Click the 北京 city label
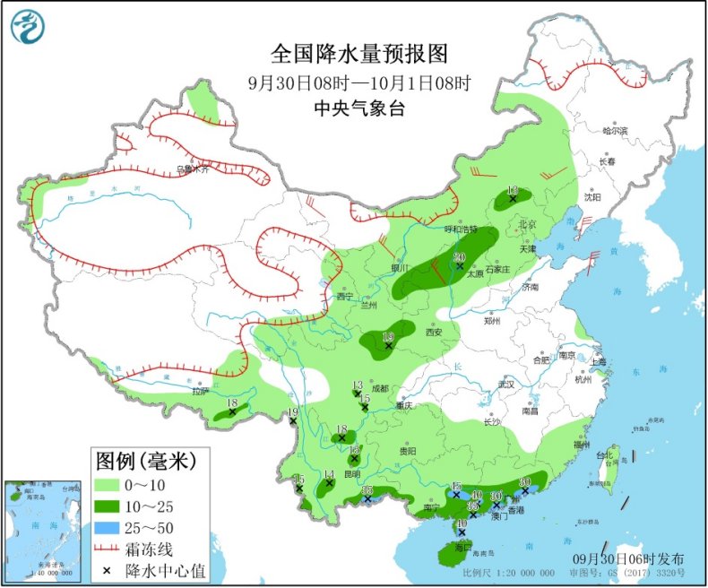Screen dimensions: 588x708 click(x=527, y=224)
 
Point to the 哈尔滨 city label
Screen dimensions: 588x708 click(x=615, y=131)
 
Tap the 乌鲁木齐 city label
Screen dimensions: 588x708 click(x=191, y=169)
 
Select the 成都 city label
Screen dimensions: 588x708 click(x=380, y=388)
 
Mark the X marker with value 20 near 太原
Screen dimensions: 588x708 click(x=460, y=266)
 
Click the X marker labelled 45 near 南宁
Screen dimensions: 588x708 click(x=455, y=494)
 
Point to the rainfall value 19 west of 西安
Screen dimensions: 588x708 click(x=388, y=337)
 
